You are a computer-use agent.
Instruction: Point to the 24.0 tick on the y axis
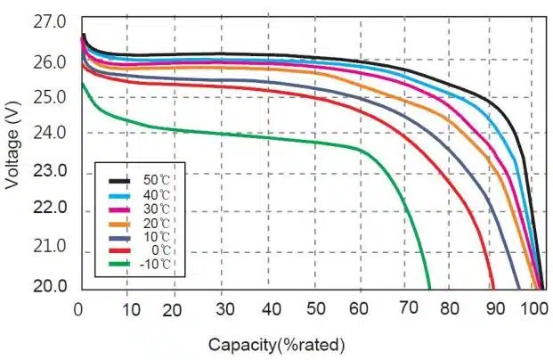tap(53, 134)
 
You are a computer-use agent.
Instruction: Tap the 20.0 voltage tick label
tap(53, 286)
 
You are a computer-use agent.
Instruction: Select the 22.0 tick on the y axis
tap(53, 208)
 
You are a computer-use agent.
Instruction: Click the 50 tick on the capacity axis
tap(315, 308)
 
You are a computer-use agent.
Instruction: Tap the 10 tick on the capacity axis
tap(130, 308)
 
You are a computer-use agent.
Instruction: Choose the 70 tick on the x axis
tap(408, 308)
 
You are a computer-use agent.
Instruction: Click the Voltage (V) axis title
tap(12, 145)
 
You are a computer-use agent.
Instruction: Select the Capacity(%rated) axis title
tap(275, 344)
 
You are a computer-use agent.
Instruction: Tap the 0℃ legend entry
tap(157, 250)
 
